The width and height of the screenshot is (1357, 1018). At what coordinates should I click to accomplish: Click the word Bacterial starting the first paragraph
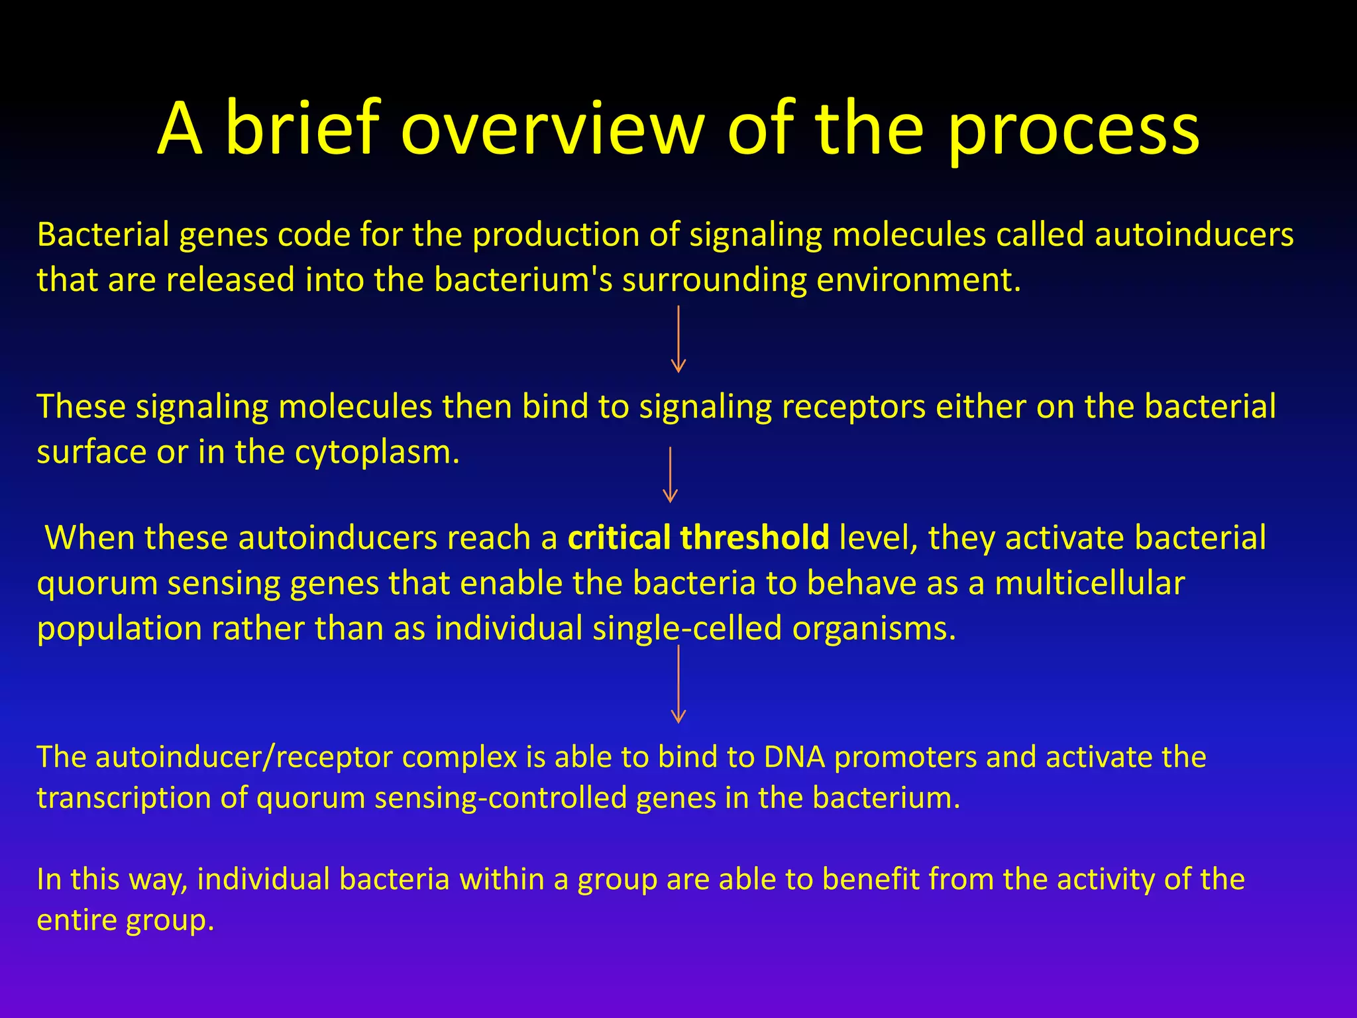point(103,235)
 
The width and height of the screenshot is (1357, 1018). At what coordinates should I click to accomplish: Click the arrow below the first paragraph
point(678,339)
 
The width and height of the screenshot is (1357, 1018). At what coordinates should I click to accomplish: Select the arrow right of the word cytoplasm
point(670,475)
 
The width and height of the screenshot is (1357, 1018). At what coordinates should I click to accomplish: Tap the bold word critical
point(619,537)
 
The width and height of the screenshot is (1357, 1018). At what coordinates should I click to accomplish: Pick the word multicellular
point(1089,584)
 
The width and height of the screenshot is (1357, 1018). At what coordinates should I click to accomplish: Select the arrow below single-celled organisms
point(678,684)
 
